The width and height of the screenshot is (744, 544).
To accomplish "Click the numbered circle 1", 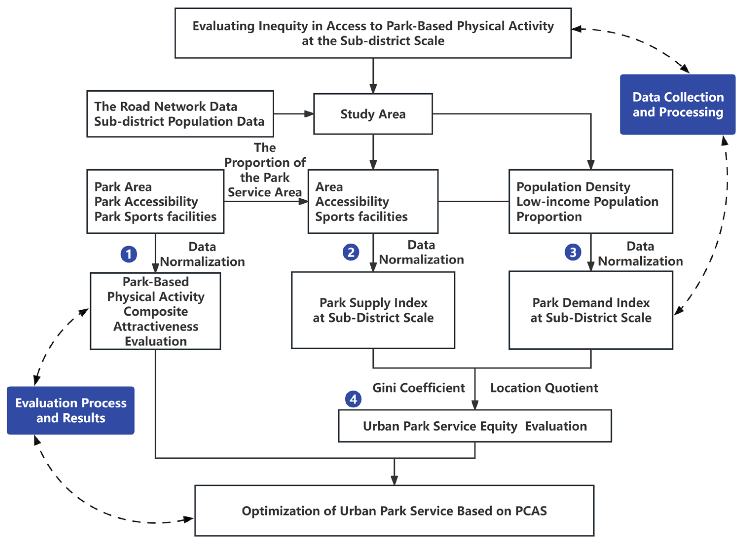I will tap(129, 254).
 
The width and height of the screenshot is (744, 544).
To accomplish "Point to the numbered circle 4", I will tap(353, 399).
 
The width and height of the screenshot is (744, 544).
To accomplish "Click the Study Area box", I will tap(373, 114).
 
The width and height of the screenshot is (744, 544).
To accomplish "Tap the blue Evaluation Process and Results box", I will tap(71, 410).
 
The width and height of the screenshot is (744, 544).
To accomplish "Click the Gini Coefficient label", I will tap(418, 388).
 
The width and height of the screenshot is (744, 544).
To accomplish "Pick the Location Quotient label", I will tap(544, 388).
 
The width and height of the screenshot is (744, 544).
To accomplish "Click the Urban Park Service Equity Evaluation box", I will tap(475, 426).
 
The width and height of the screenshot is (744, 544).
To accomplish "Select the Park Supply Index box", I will tap(373, 310).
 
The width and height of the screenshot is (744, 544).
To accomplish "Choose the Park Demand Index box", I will tap(591, 310).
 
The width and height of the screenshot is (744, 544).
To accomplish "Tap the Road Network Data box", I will tap(180, 114).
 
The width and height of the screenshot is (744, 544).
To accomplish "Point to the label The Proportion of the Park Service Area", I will tap(265, 170).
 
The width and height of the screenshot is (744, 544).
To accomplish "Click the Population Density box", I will tap(591, 202).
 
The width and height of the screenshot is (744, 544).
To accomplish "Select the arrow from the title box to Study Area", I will tap(373, 76).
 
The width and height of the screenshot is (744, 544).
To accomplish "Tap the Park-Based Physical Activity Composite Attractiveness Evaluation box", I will tap(155, 311).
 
